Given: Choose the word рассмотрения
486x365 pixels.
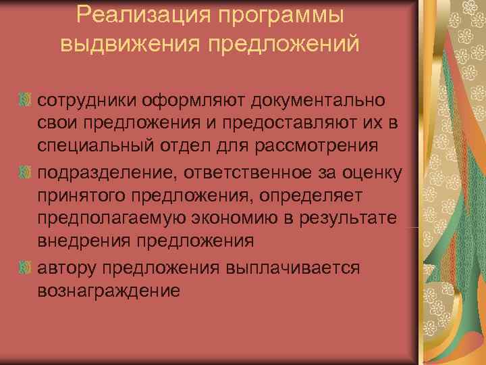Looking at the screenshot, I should pos(323,146).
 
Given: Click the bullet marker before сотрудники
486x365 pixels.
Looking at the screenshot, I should pos(24,101).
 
